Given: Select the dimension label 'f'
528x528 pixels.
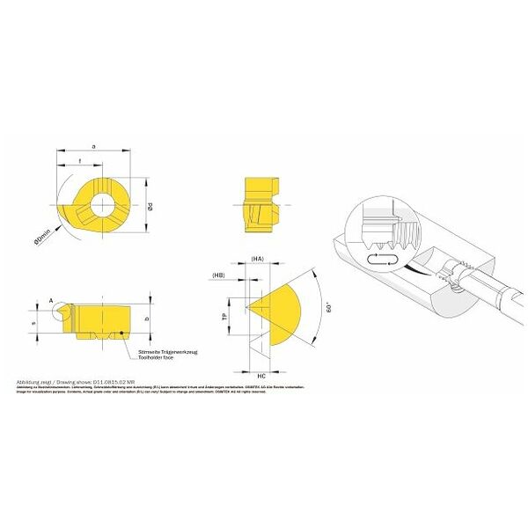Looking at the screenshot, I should pyautogui.click(x=81, y=160).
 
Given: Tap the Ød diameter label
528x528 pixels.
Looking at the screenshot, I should pyautogui.click(x=150, y=207).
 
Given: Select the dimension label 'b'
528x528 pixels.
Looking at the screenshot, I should pyautogui.click(x=146, y=319).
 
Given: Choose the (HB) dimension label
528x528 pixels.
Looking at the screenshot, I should pyautogui.click(x=220, y=275).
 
